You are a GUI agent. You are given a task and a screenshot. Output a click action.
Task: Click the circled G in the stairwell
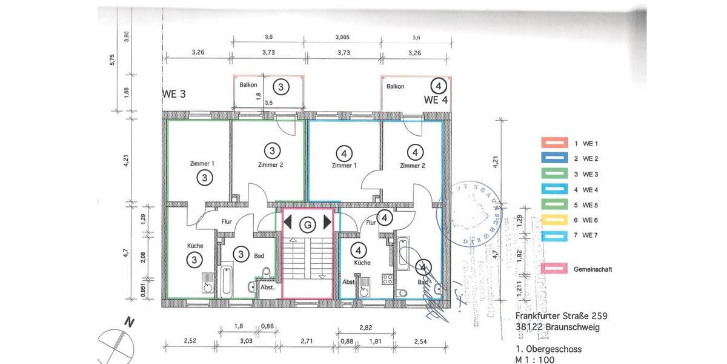[x=308, y=224]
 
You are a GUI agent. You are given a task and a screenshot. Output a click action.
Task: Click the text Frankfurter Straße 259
[x=561, y=316]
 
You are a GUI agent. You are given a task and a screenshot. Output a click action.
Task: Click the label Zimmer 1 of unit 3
[x=202, y=164]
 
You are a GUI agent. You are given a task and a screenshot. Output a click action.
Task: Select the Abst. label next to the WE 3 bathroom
[x=267, y=287]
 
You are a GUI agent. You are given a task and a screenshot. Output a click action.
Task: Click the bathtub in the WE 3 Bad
[x=225, y=281]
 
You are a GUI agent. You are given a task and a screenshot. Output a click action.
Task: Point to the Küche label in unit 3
[x=195, y=246]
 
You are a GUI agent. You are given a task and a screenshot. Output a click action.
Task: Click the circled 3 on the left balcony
[x=280, y=87]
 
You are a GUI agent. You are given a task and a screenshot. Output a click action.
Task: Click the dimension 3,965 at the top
[x=343, y=38]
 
